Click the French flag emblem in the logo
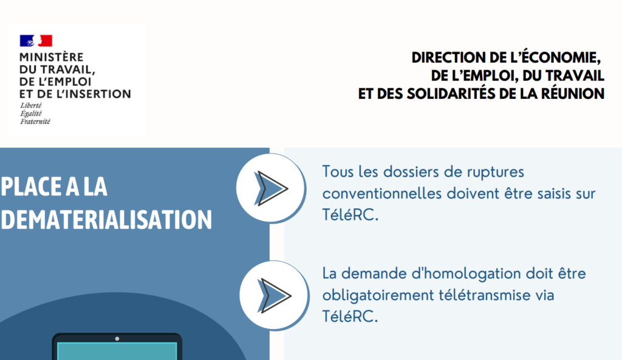coord(36,41)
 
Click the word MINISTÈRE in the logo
coord(52,57)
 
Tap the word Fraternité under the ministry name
coord(35,121)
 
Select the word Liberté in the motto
coord(31,106)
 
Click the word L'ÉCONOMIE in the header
coord(554,58)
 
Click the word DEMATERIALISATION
coord(106,220)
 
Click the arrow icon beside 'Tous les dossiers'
coord(272,188)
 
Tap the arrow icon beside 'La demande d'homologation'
coord(275,296)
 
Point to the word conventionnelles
coord(382,194)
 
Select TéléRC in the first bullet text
coord(350,215)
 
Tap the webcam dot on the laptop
coord(117,339)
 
